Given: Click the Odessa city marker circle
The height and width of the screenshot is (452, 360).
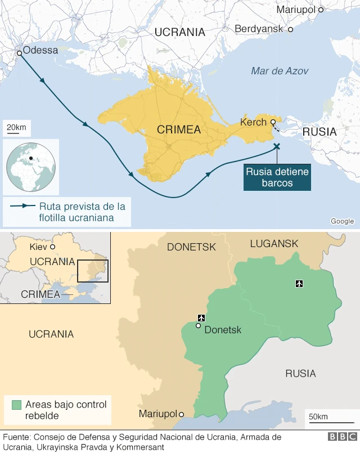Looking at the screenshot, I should pos(20,53).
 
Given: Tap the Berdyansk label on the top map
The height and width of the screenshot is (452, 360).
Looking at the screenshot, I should pos(259,28).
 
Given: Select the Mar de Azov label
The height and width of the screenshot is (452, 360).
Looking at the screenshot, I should pos(280,71).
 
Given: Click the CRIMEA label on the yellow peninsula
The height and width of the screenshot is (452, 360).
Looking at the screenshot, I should pos(179,130).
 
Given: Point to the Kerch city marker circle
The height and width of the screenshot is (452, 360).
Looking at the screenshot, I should pos(273,122).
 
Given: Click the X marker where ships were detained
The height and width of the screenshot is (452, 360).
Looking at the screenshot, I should pos(276,146).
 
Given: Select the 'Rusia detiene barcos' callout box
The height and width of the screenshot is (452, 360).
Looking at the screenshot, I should pos(277,177).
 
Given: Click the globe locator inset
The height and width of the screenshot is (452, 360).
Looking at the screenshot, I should pos(31,167).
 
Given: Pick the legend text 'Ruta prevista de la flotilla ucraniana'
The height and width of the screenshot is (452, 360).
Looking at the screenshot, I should pos(81,212).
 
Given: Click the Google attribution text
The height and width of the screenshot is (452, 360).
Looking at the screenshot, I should pos(342,221).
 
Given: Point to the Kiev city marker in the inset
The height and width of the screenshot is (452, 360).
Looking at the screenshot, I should pos(53,247).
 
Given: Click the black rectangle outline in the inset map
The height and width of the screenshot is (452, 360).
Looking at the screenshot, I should pos(93,271).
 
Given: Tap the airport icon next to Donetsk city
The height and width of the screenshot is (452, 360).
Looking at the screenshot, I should pos(201,319).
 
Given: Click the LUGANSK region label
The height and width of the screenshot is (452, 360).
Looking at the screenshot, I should pos(274,243).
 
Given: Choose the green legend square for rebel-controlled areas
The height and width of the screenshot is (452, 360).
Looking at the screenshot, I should pos(16,405).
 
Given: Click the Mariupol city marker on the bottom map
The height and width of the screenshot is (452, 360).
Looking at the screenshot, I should pos(181,414).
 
